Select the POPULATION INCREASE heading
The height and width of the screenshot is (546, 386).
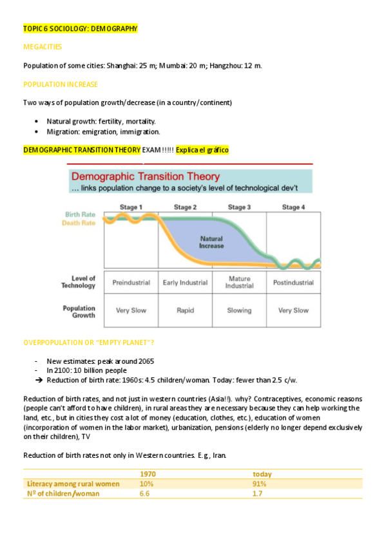tap(61, 84)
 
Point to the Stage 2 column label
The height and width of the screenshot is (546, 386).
tap(184, 207)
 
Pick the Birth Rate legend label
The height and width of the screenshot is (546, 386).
tap(81, 214)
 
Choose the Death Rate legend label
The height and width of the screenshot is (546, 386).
tap(79, 223)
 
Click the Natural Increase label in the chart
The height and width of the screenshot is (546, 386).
tap(211, 242)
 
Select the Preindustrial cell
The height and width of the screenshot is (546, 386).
tap(131, 283)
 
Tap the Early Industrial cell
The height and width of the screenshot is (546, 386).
tap(185, 283)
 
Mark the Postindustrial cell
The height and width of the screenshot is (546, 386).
tap(293, 283)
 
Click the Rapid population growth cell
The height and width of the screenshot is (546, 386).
tap(185, 310)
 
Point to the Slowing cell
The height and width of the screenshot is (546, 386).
tap(239, 310)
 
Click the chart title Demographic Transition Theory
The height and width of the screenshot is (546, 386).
tap(145, 176)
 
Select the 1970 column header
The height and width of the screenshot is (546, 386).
tap(148, 474)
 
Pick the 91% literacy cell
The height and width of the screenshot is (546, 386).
tap(260, 484)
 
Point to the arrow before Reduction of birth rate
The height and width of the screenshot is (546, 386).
tap(39, 380)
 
